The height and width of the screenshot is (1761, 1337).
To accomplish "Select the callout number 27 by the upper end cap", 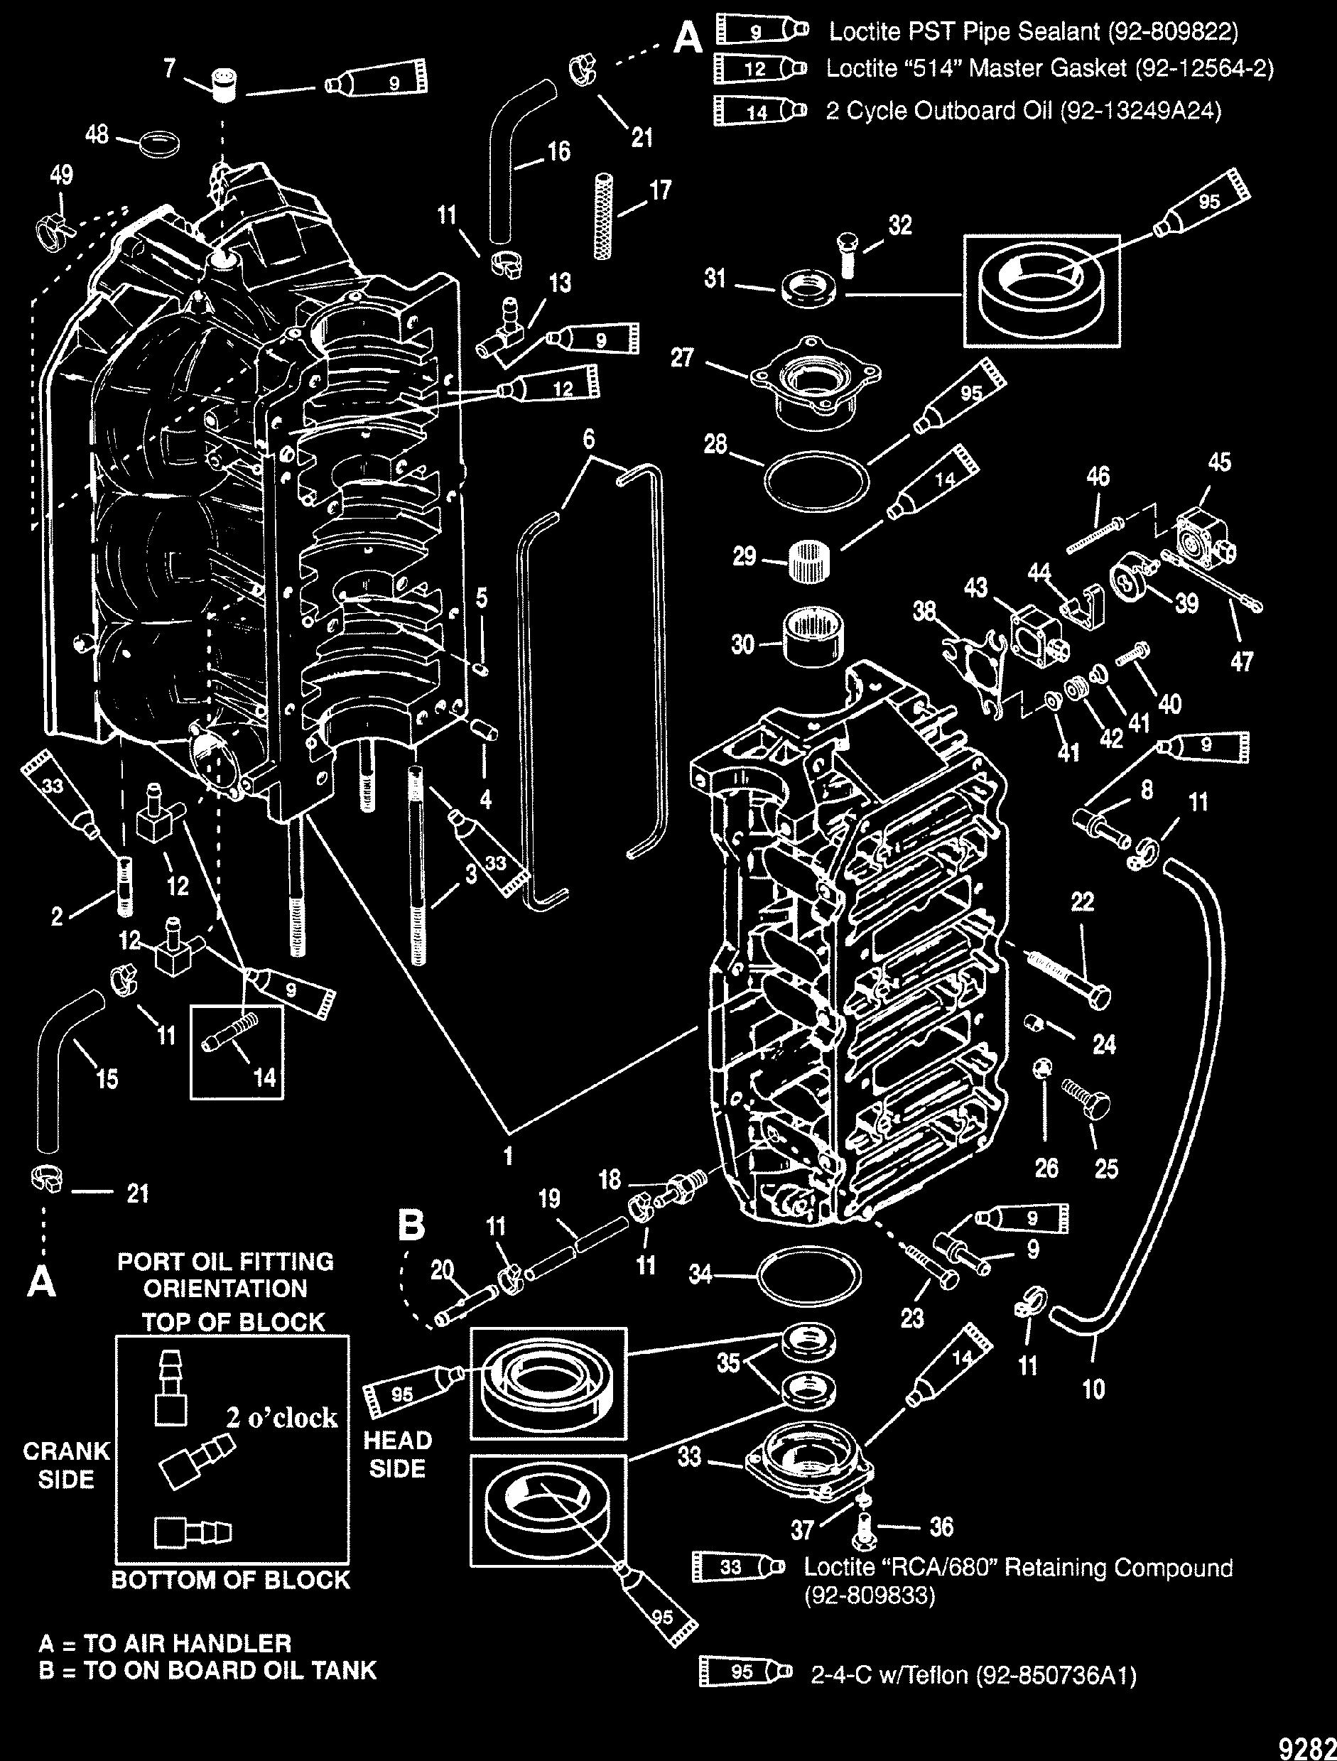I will (683, 357).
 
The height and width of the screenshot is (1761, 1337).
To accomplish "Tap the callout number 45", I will (1219, 462).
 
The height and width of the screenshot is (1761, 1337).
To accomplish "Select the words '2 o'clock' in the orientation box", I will (282, 1418).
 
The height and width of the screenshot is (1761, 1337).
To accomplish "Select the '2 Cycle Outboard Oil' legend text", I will (1022, 110).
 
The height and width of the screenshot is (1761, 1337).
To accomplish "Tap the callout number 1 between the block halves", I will (507, 1155).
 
